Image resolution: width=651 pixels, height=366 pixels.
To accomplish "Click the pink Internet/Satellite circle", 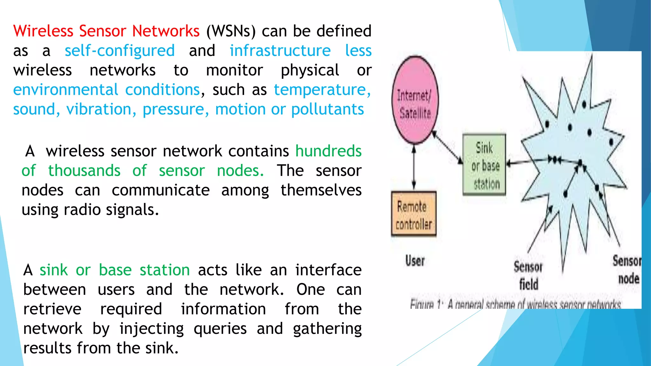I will pyautogui.click(x=415, y=100).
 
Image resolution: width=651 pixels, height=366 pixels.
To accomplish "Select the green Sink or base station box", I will pyautogui.click(x=484, y=165).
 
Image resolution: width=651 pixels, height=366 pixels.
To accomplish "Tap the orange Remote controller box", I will pyautogui.click(x=414, y=214).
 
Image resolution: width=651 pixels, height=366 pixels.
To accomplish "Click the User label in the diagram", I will pyautogui.click(x=415, y=261).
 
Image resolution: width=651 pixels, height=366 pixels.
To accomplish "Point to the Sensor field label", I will pyautogui.click(x=528, y=275).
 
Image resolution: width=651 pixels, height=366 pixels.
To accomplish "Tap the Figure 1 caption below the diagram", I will pyautogui.click(x=515, y=304).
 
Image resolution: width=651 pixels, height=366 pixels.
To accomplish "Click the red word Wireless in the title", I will pyautogui.click(x=43, y=31).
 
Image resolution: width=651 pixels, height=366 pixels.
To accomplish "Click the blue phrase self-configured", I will pyautogui.click(x=120, y=51).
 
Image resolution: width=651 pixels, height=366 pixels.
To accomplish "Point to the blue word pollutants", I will pyautogui.click(x=327, y=110).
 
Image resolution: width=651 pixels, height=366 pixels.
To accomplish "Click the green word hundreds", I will pyautogui.click(x=328, y=151).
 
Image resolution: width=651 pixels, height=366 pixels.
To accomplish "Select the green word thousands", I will pyautogui.click(x=84, y=171).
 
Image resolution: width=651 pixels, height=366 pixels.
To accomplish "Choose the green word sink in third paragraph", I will pyautogui.click(x=53, y=270).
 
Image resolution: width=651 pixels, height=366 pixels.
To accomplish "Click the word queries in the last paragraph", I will pyautogui.click(x=220, y=329).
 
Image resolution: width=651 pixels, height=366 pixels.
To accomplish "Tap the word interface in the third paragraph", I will pyautogui.click(x=328, y=270).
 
